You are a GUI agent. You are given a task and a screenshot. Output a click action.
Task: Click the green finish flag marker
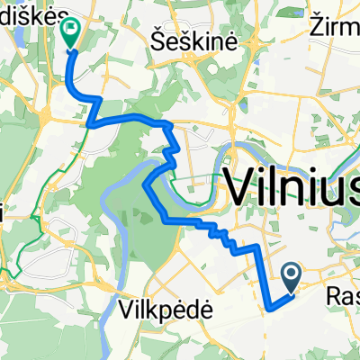[x=70, y=31]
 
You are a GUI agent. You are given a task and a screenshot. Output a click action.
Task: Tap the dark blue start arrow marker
[x=292, y=274]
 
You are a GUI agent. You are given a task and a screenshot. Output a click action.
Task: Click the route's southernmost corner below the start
[x=269, y=308]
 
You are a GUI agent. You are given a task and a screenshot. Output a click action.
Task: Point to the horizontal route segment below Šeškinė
[x=126, y=119]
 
